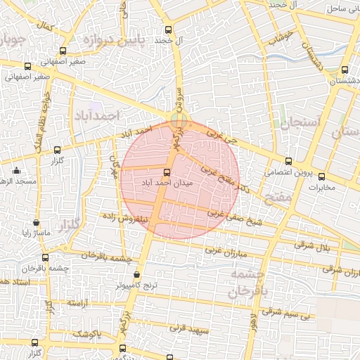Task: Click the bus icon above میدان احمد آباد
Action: tap(167, 172)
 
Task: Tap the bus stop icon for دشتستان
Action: tap(344, 70)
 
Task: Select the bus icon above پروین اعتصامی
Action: tap(288, 161)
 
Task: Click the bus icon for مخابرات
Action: tap(322, 176)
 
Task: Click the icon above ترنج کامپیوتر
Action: tap(136, 275)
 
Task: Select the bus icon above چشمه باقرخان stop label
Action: tap(45, 258)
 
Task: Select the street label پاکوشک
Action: tap(87, 332)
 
